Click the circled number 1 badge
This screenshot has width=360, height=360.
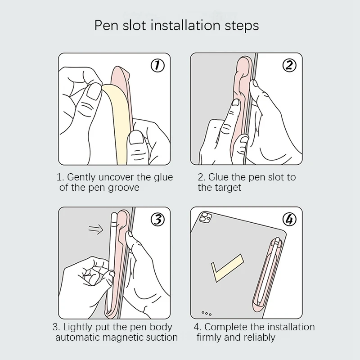point(157,66)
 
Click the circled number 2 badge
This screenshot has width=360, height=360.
point(289,66)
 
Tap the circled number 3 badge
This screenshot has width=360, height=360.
point(157,220)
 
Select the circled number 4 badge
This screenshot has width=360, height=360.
point(289,220)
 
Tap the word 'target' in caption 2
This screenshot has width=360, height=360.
point(229,188)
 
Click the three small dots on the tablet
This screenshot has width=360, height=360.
point(207,313)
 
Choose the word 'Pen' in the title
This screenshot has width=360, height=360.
point(105,25)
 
